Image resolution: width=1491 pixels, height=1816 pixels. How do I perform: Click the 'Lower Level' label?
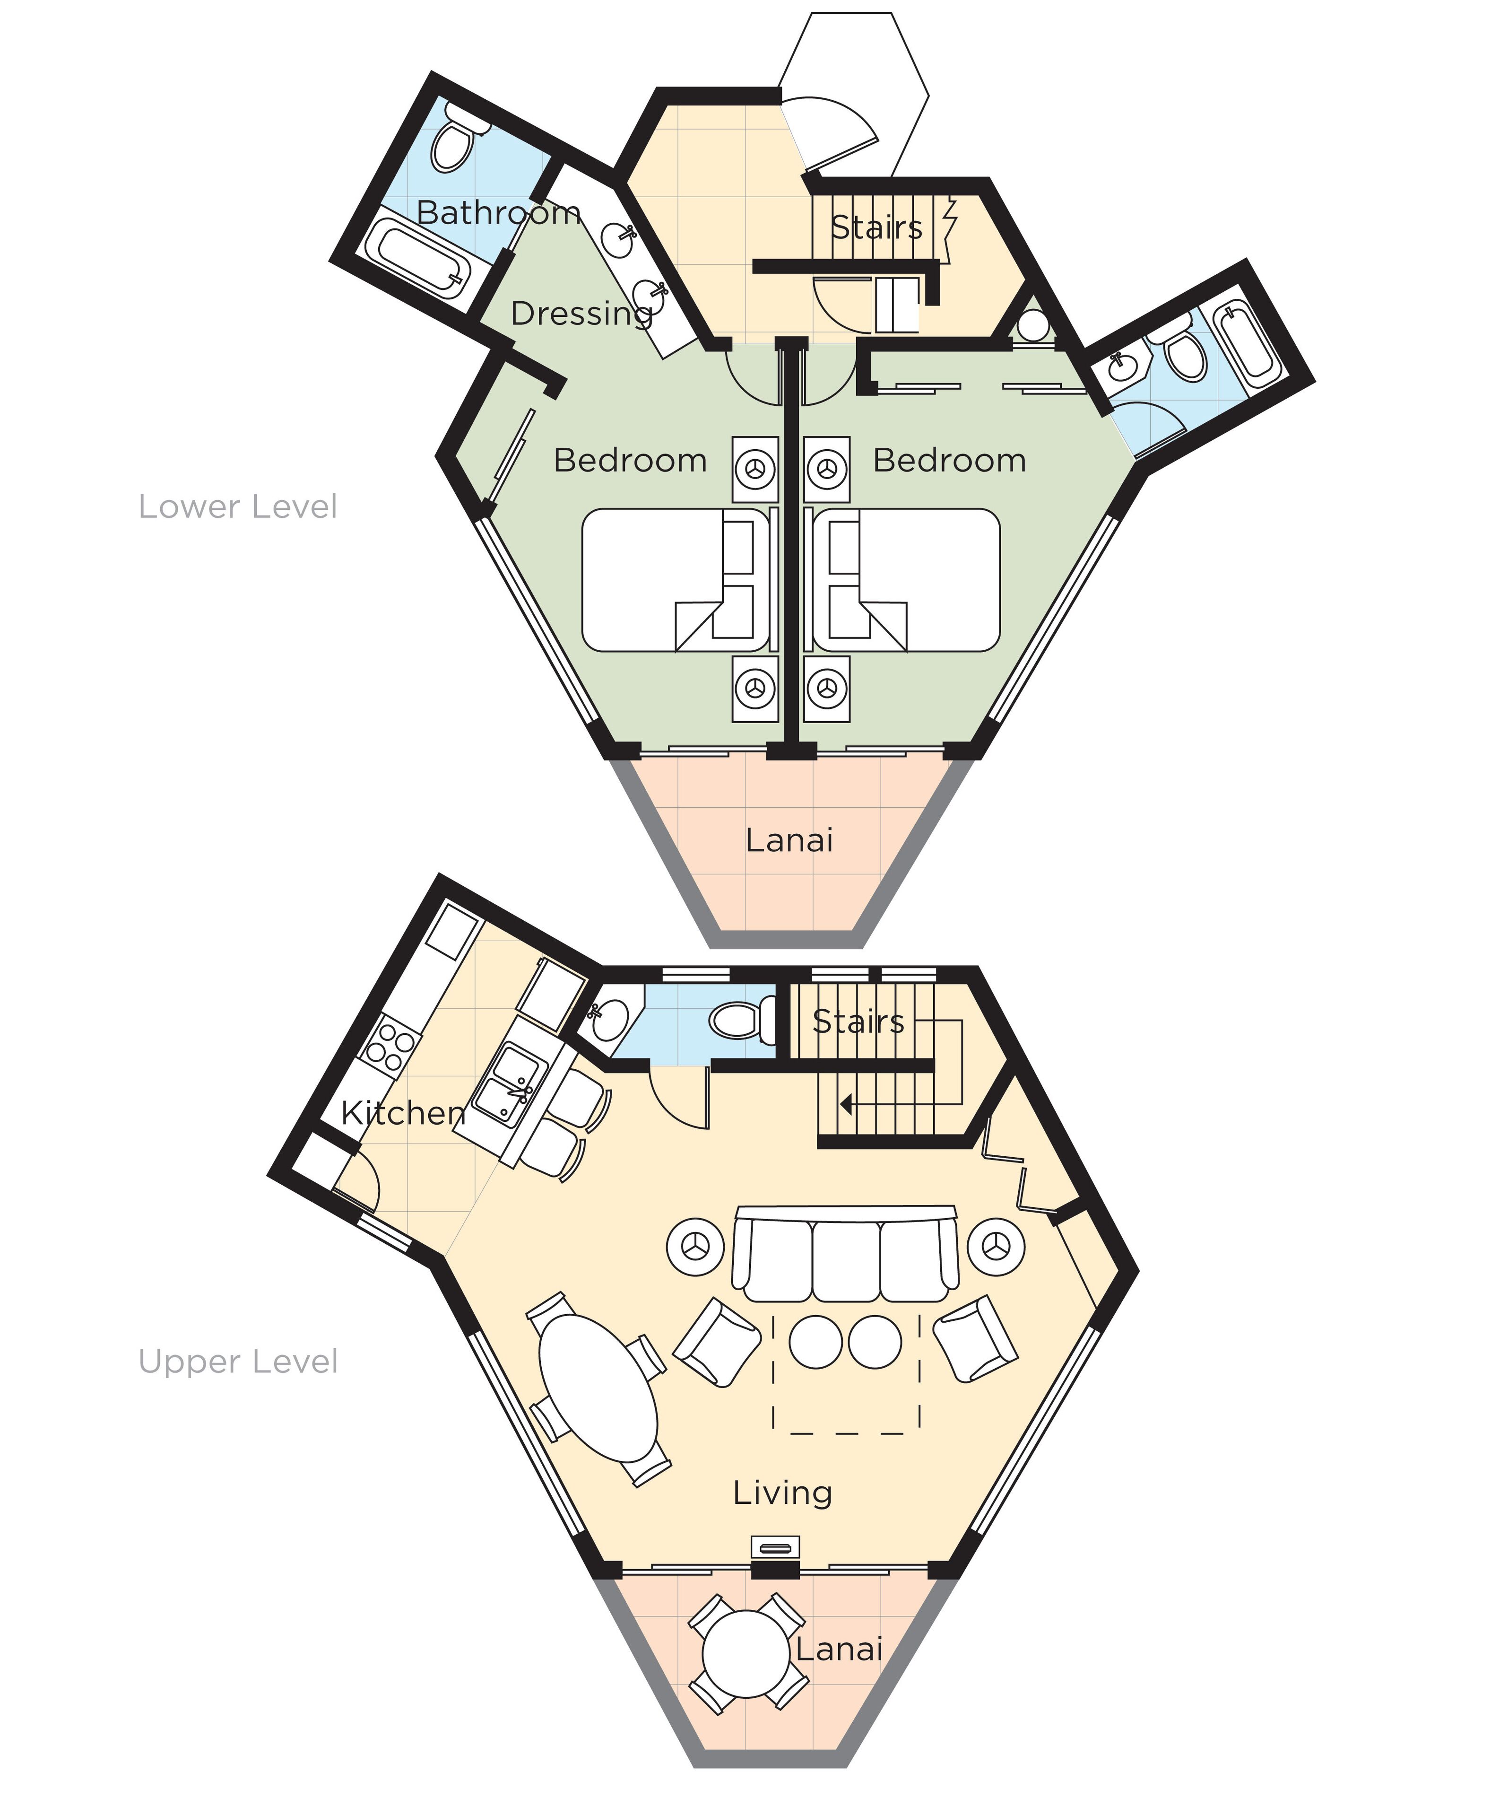[x=238, y=507]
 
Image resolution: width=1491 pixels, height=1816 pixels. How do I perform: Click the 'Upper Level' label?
[x=238, y=1362]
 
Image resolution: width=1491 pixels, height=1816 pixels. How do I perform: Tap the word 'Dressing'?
[x=581, y=314]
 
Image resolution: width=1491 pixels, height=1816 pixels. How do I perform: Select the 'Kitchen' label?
[x=403, y=1113]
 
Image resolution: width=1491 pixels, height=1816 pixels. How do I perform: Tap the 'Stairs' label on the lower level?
[x=876, y=227]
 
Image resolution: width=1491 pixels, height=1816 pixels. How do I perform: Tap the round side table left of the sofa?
[x=696, y=1246]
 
